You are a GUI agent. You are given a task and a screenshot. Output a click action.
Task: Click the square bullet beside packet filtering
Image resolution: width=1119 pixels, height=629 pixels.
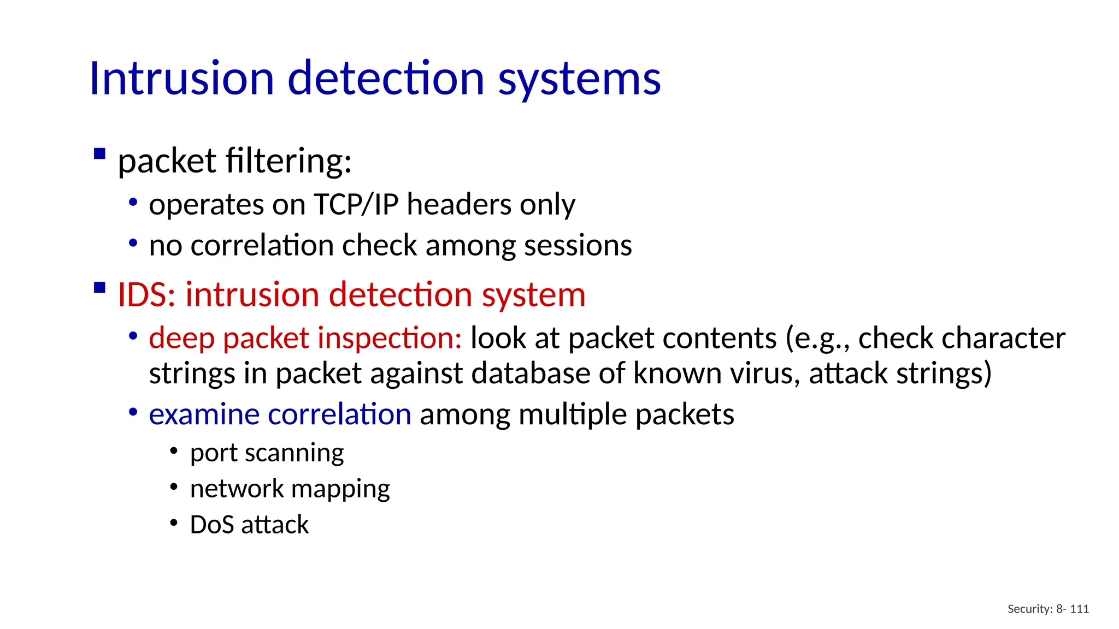(x=99, y=153)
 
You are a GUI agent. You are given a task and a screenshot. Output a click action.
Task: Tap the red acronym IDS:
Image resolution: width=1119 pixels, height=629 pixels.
(x=146, y=295)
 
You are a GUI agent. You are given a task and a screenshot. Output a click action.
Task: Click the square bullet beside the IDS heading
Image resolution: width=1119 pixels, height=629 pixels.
(x=99, y=287)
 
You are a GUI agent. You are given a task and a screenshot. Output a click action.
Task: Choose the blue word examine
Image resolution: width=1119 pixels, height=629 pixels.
(x=204, y=414)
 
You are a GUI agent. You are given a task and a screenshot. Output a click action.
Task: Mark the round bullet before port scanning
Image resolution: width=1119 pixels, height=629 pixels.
(x=174, y=452)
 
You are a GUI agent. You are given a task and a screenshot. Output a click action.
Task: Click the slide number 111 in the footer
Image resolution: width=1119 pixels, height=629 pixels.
(x=1079, y=609)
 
